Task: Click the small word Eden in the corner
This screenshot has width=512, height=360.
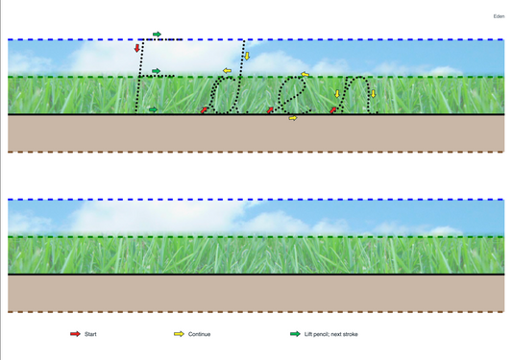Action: (x=499, y=16)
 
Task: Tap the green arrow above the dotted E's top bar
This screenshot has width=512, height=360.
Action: (x=158, y=34)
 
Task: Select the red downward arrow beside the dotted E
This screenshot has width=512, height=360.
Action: (x=137, y=48)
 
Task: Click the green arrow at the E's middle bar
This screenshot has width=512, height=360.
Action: (x=157, y=71)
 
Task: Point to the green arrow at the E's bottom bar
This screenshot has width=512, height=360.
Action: (x=153, y=109)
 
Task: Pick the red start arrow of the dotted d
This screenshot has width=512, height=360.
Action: (x=204, y=110)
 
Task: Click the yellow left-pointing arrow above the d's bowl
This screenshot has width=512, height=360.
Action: (x=227, y=70)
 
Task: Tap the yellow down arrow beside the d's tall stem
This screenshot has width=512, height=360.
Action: (x=247, y=56)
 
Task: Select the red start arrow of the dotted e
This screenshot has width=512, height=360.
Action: (x=270, y=110)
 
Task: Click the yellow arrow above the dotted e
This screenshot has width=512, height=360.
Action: (x=305, y=75)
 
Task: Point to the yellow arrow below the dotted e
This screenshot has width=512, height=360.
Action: (x=293, y=118)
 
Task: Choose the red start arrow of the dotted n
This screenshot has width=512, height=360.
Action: (x=333, y=110)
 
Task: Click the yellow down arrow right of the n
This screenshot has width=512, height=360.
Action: (x=374, y=94)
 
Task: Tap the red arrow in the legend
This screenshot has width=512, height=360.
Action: (x=75, y=334)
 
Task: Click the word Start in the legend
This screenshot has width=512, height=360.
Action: (x=90, y=334)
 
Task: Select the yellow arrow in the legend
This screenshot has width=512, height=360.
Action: (x=179, y=334)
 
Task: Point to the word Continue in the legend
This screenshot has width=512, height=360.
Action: (x=199, y=334)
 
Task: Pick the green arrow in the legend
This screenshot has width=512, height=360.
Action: (x=295, y=334)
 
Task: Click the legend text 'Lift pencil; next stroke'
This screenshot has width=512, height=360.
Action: (x=331, y=334)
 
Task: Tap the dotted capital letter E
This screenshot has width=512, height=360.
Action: (x=138, y=77)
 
